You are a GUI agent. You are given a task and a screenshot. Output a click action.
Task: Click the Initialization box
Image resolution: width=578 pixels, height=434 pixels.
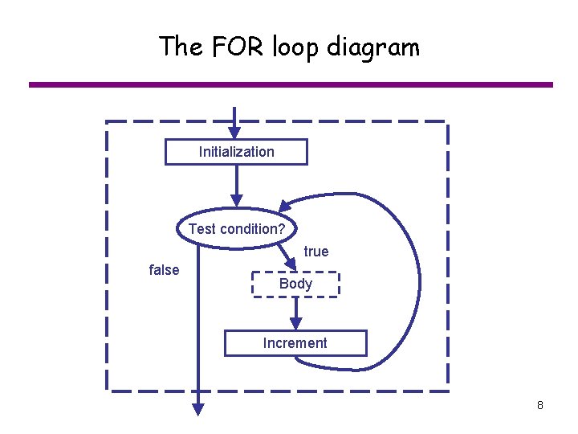tap(236, 152)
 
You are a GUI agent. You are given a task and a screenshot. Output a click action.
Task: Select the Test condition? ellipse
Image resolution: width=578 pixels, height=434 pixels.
tap(237, 229)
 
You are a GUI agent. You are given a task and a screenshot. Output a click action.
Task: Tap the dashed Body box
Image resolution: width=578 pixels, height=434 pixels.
tap(295, 285)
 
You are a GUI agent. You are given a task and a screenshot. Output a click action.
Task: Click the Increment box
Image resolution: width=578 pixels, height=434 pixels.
tap(295, 343)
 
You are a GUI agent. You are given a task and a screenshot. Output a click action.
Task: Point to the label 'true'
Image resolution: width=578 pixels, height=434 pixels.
tap(316, 252)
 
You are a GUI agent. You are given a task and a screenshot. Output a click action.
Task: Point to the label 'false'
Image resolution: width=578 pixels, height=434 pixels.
tap(165, 270)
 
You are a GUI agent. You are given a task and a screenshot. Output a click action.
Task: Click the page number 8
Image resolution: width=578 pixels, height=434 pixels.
tap(540, 405)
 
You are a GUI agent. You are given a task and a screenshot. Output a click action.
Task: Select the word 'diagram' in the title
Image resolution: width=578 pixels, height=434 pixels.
tap(372, 48)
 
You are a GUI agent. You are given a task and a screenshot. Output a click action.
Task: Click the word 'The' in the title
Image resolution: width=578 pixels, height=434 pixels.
tap(181, 47)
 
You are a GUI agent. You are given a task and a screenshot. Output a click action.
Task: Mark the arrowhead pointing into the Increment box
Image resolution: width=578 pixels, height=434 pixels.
tap(296, 323)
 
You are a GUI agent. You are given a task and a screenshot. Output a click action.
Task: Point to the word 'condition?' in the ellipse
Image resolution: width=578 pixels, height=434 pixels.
tap(252, 229)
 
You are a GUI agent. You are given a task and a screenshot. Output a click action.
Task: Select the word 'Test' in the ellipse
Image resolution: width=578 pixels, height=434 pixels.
tap(202, 229)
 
